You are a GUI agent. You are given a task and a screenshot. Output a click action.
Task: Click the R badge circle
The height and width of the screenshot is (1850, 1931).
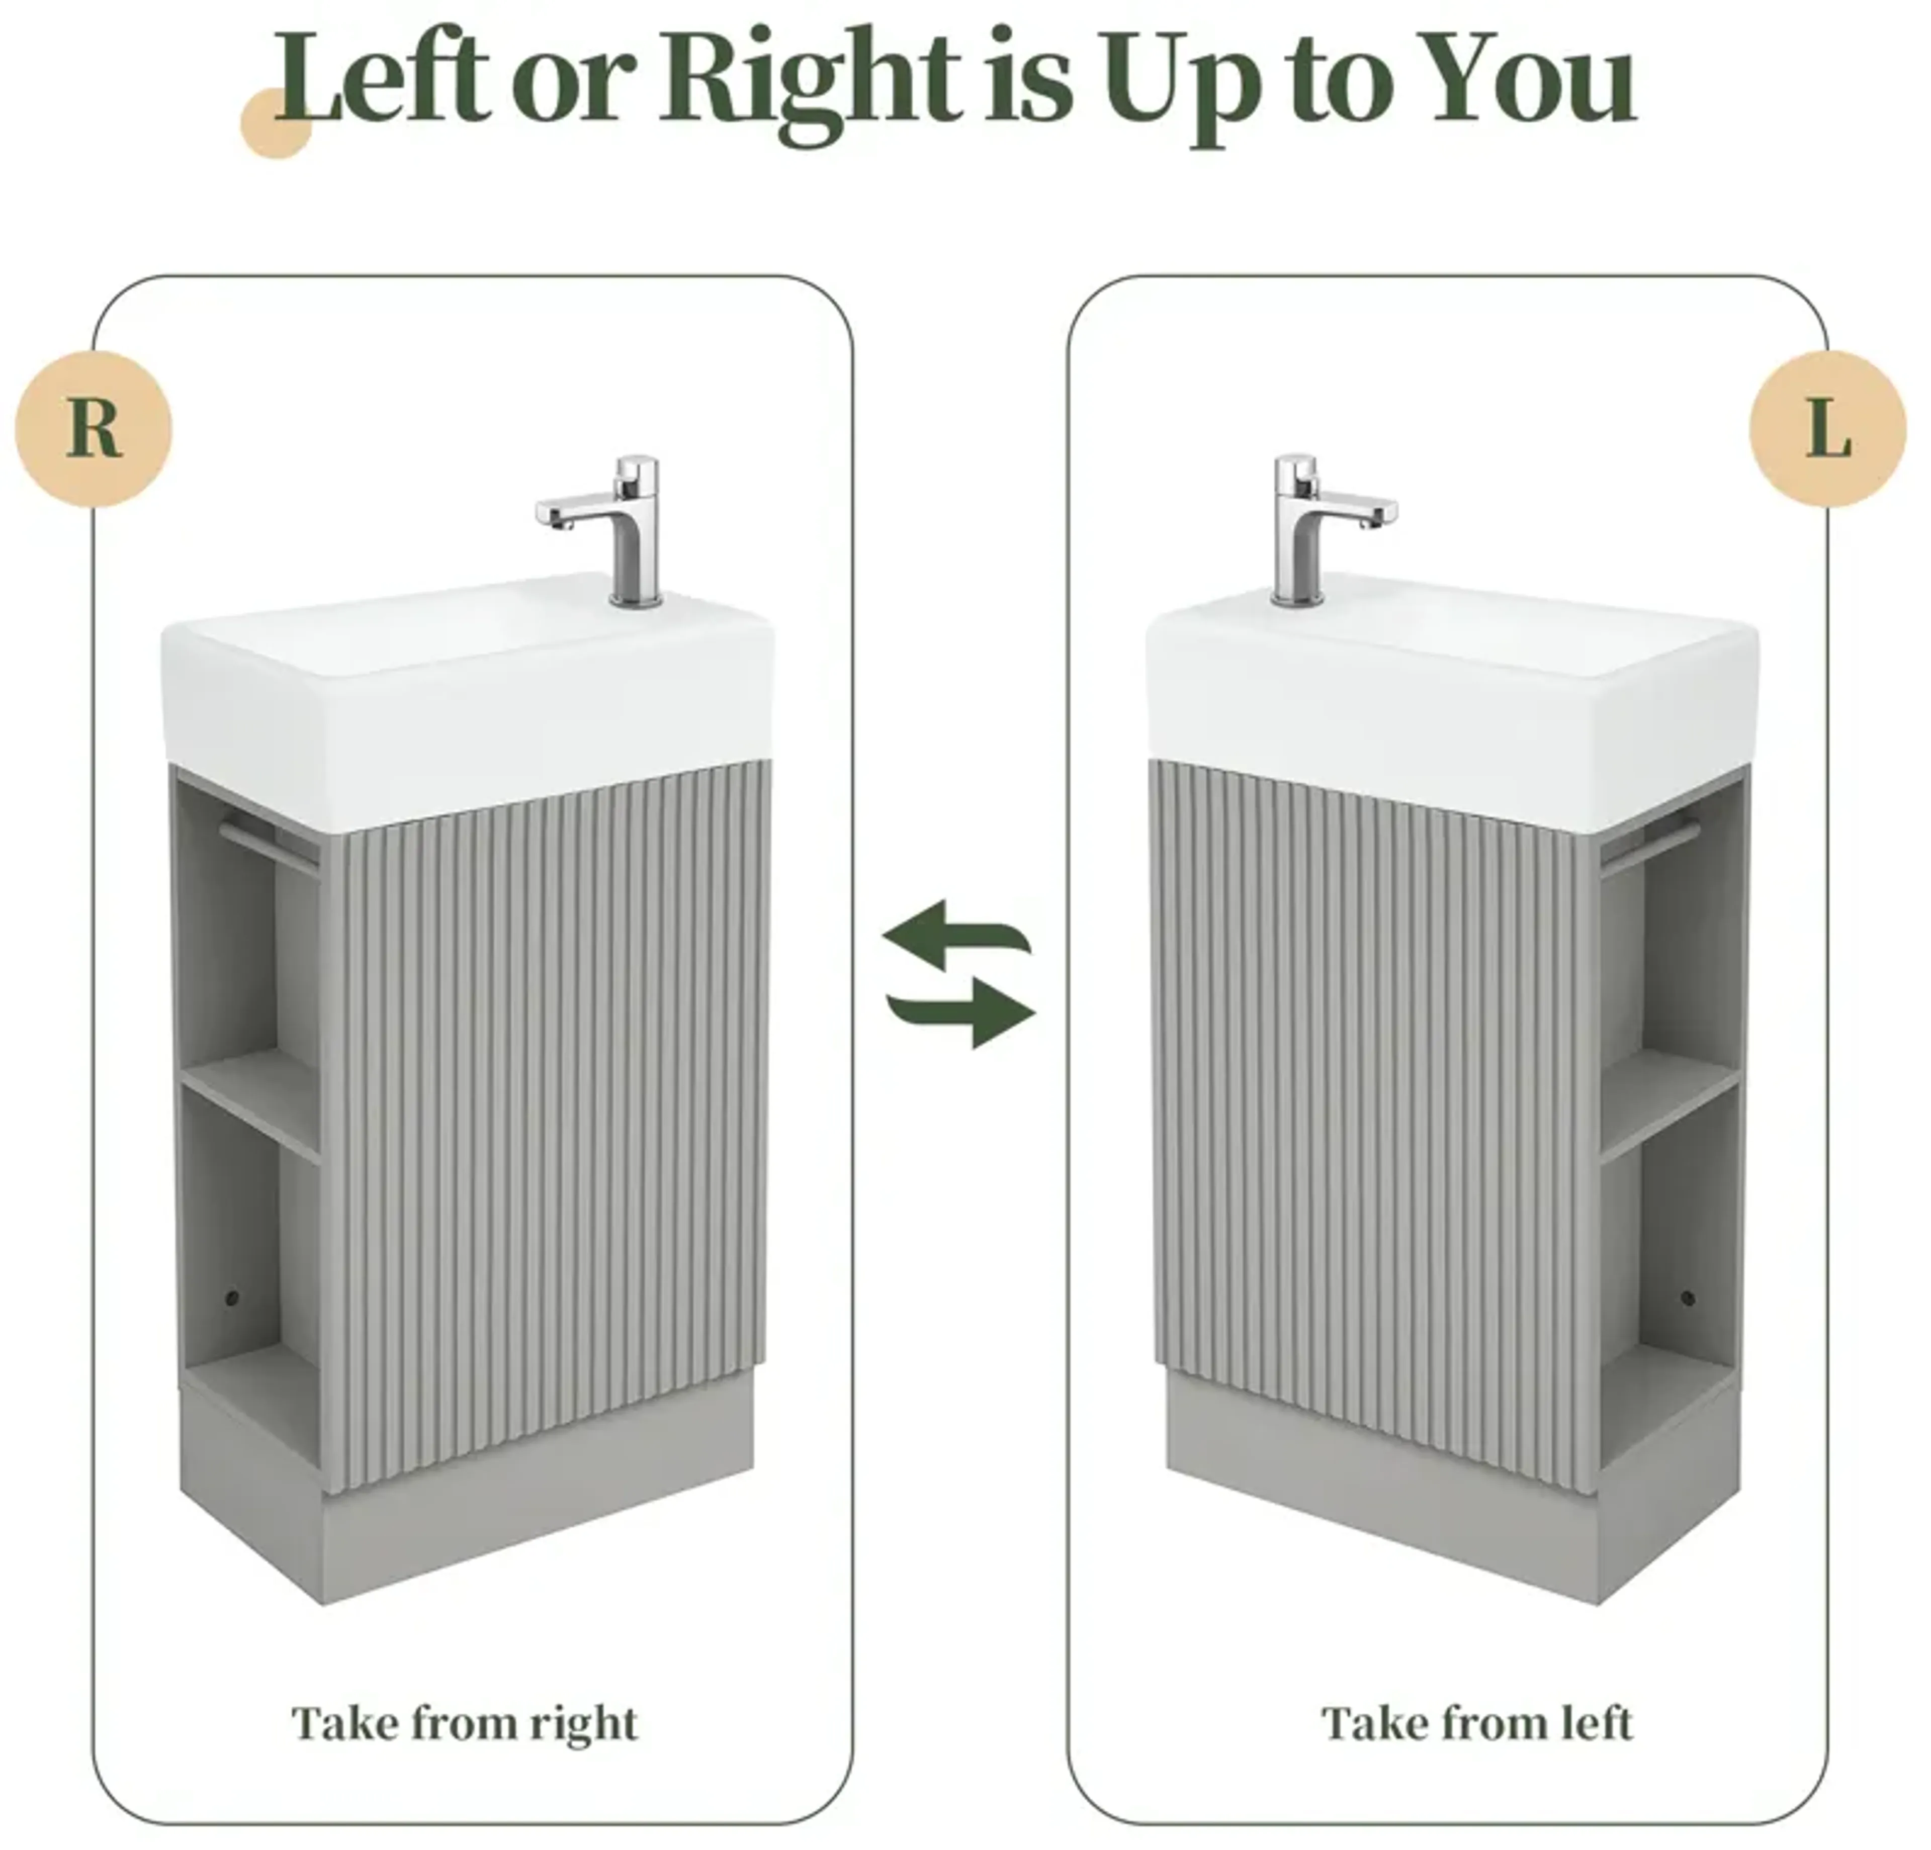94,429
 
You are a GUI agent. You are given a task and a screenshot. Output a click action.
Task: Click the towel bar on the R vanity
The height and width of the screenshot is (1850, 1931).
268,845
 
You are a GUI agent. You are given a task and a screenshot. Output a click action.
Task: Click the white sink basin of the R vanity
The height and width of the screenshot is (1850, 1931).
463,690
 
